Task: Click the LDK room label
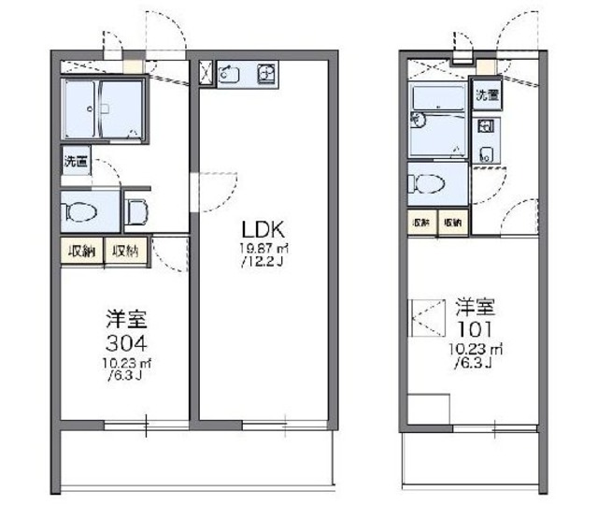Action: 263,230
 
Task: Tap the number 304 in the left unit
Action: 125,340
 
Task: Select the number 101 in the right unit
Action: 477,329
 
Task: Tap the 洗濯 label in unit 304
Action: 77,161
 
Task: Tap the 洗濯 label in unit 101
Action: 487,94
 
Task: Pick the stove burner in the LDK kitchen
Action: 265,72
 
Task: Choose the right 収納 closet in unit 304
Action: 126,251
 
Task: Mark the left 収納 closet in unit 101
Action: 421,222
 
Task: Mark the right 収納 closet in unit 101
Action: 452,222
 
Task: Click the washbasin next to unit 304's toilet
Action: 136,211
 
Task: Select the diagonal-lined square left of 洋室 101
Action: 428,315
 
